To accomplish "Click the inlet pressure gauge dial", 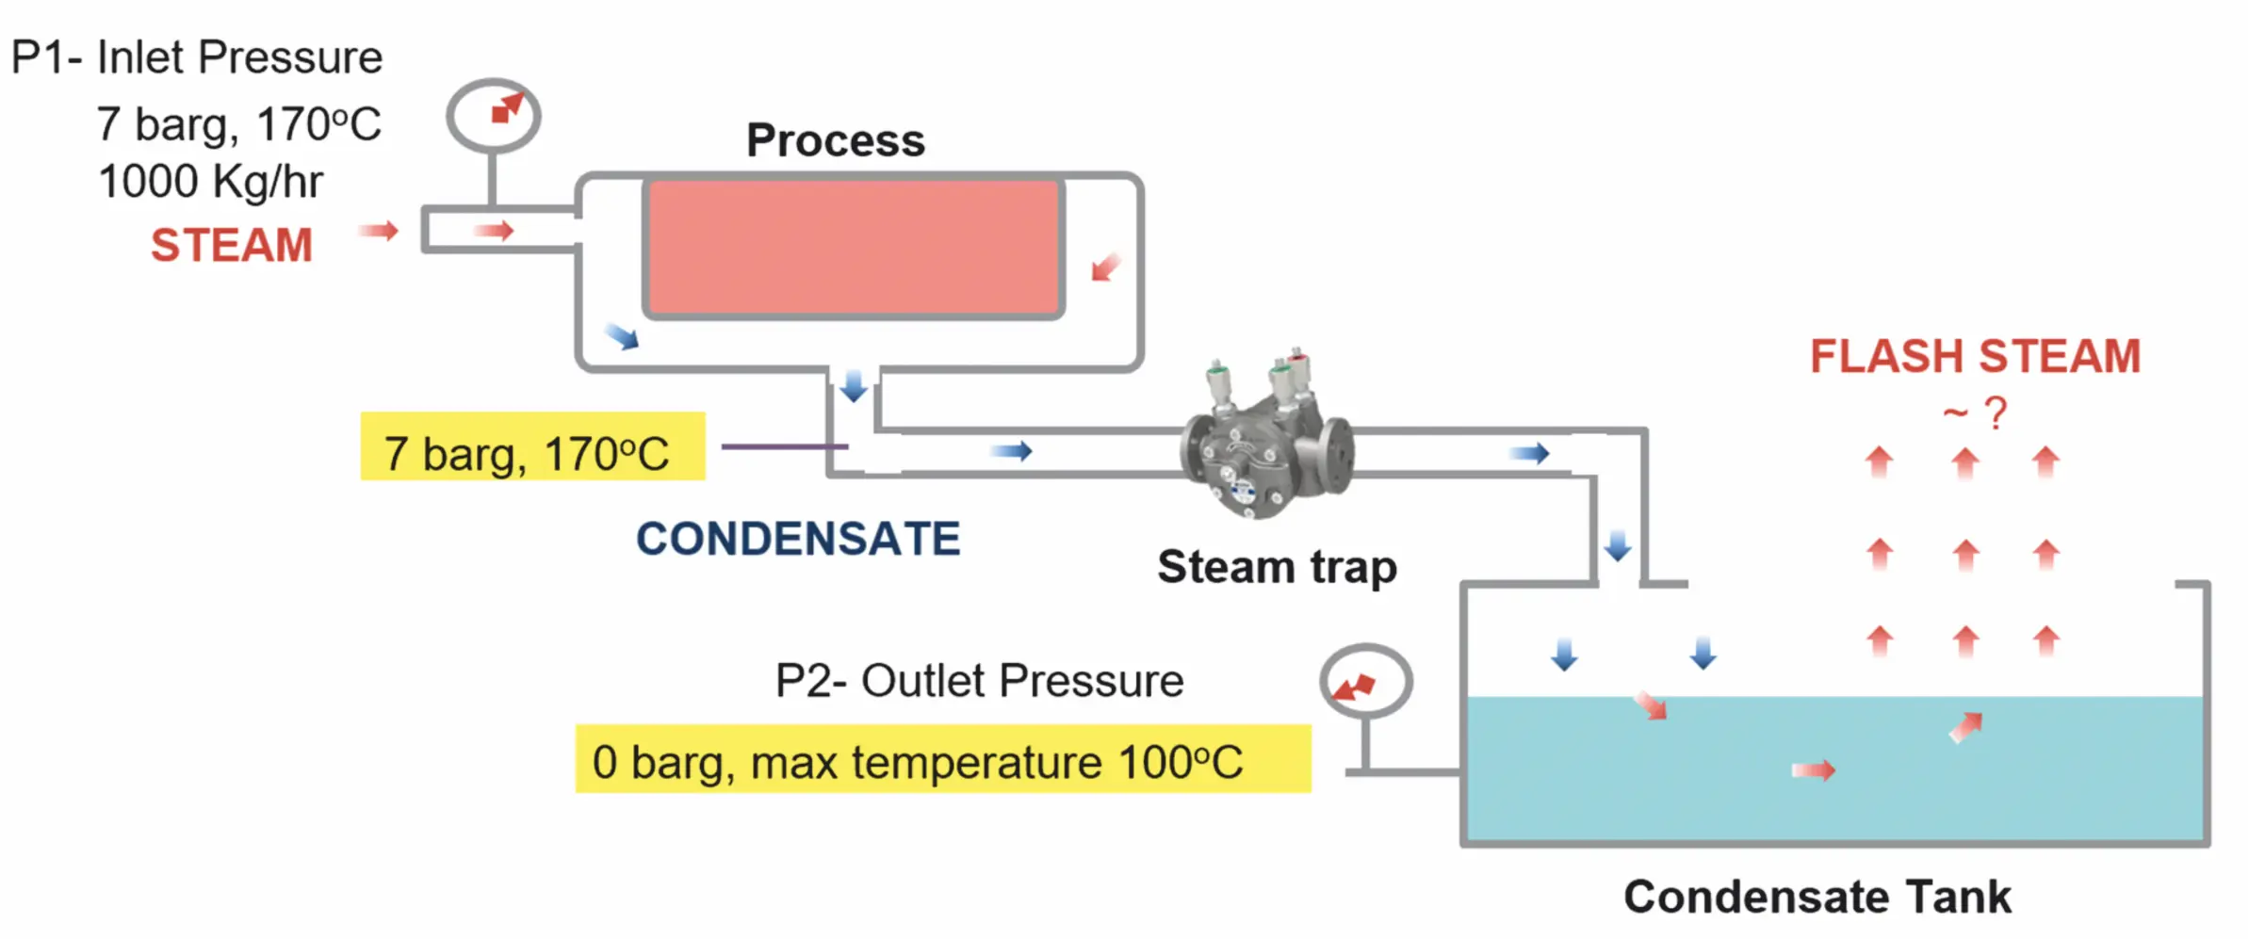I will (x=493, y=115).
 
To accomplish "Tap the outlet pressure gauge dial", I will (x=1365, y=681).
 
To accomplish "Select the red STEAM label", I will (x=232, y=246).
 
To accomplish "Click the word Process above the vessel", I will (x=836, y=140).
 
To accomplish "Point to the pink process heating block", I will (x=854, y=247).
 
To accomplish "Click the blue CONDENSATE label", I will (x=798, y=540).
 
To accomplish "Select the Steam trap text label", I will (x=1277, y=567).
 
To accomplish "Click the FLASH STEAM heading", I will (x=1975, y=357).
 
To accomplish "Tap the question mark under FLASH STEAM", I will (x=1995, y=413).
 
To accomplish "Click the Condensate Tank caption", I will (x=1817, y=897).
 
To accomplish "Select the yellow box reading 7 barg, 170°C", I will (x=532, y=446).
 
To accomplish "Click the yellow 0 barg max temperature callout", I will (x=942, y=759).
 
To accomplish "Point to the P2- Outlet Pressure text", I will (x=979, y=681).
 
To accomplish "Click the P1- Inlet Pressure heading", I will (x=197, y=57).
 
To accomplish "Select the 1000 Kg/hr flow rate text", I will (x=210, y=182).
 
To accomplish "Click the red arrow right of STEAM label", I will (x=380, y=231).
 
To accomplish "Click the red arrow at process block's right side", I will (x=1105, y=267).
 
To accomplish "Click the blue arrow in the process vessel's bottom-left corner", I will (x=622, y=336).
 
